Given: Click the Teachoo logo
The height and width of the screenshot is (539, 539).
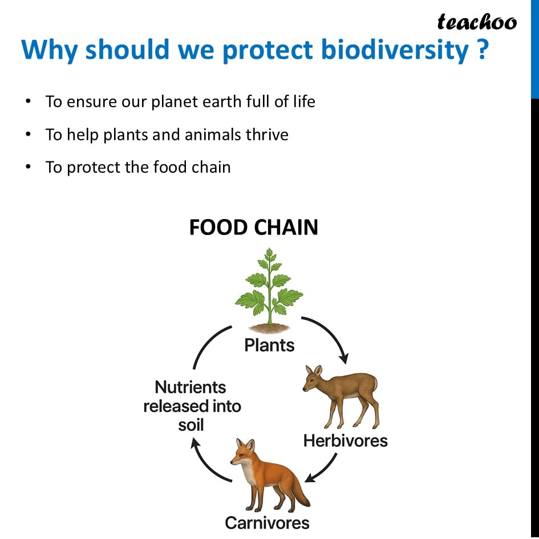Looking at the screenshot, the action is pyautogui.click(x=477, y=22).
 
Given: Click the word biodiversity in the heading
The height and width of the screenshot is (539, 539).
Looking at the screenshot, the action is pyautogui.click(x=395, y=50).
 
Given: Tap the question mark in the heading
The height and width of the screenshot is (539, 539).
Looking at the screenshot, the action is pyautogui.click(x=483, y=49).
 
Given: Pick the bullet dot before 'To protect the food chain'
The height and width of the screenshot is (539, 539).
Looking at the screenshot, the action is pyautogui.click(x=28, y=167).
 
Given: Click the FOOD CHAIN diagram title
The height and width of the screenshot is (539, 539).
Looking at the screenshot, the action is pyautogui.click(x=254, y=227).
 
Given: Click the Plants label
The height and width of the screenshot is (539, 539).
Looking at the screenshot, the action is pyautogui.click(x=269, y=345).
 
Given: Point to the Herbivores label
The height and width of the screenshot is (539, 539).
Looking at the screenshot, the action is pyautogui.click(x=345, y=441).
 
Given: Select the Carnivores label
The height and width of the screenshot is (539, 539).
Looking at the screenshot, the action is pyautogui.click(x=267, y=523).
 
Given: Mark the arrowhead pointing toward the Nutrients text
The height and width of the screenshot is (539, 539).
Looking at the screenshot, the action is pyautogui.click(x=195, y=443).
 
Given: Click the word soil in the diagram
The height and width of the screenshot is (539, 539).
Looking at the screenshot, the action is pyautogui.click(x=191, y=425).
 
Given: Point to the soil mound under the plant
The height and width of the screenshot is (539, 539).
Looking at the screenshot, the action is pyautogui.click(x=269, y=329).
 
